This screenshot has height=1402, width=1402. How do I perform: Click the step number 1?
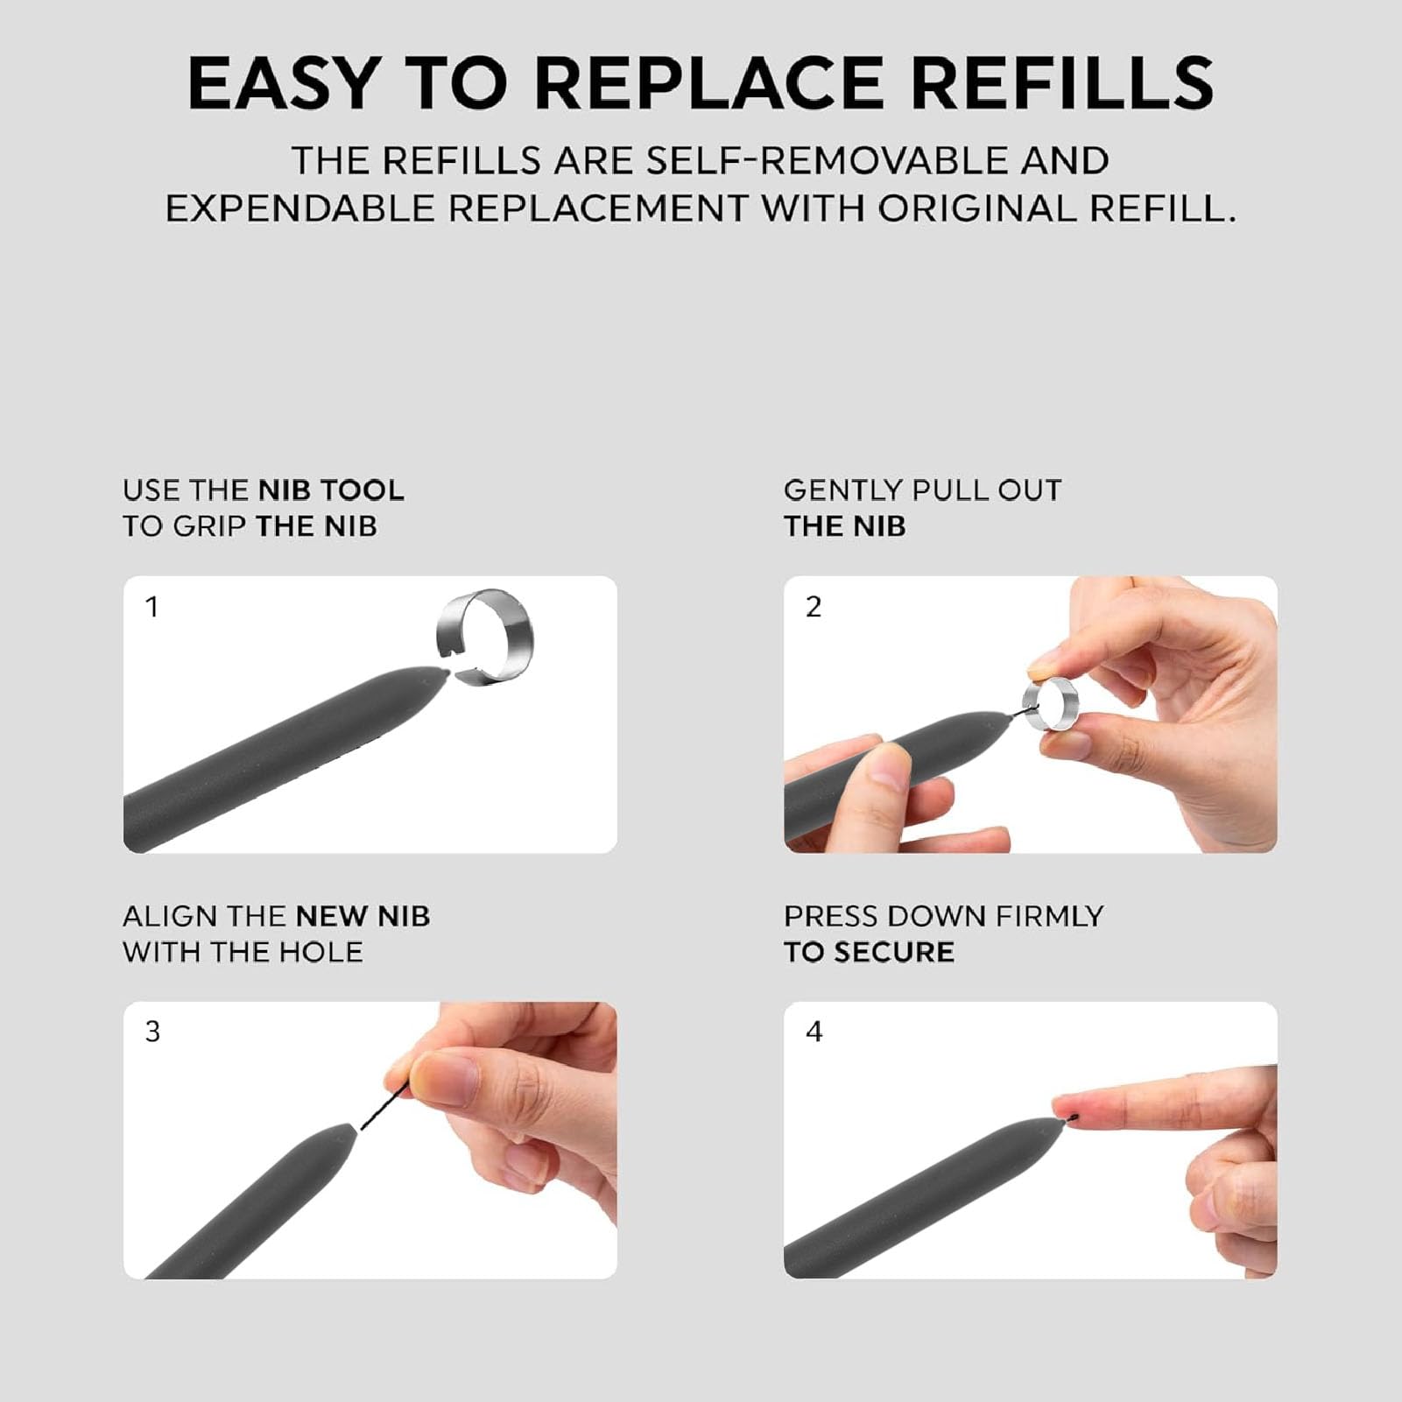click(151, 607)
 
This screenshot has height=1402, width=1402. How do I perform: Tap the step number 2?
click(814, 607)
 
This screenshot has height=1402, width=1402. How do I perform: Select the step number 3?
click(152, 1032)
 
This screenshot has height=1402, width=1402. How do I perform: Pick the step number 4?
click(814, 1032)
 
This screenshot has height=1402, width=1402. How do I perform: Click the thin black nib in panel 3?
click(384, 1106)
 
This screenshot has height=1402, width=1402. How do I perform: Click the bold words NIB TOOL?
click(332, 490)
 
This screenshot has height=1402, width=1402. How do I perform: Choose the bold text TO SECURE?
click(869, 953)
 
